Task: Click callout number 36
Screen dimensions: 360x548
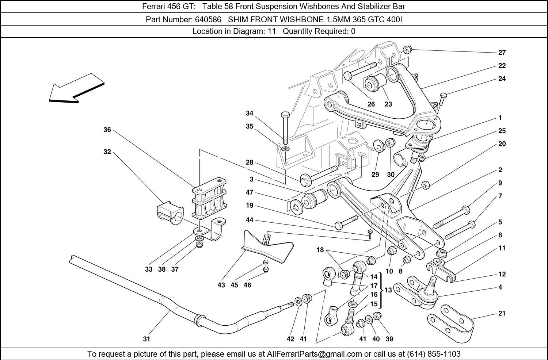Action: point(107,130)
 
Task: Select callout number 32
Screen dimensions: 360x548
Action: point(107,152)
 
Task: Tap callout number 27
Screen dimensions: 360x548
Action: point(502,52)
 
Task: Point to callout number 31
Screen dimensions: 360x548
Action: point(146,339)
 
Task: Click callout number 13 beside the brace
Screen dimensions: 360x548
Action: point(388,290)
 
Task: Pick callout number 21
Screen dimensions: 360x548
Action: point(502,313)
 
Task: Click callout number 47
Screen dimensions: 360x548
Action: point(250,192)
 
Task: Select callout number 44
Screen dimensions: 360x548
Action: point(250,220)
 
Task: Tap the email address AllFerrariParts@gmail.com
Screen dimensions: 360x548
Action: point(314,354)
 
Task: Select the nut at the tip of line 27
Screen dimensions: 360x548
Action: point(408,50)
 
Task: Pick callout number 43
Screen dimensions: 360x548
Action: point(221,285)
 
